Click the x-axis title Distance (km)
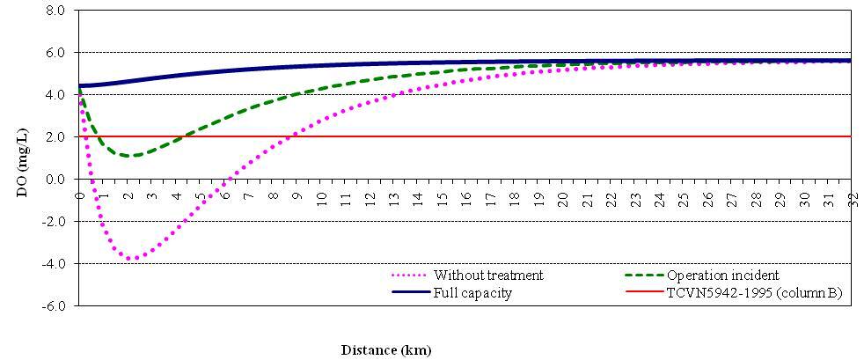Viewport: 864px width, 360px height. coord(386,350)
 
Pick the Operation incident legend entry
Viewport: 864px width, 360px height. coord(722,276)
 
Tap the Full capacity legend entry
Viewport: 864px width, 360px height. coord(472,292)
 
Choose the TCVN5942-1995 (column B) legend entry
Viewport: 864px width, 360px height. coord(754,292)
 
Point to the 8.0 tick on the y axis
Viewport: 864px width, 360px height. coord(55,11)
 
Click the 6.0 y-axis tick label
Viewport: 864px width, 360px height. coord(55,53)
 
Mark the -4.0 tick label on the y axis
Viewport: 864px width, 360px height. coord(53,263)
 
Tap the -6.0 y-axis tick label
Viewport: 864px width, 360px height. coord(53,305)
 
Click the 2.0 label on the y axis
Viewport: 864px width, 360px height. coord(55,136)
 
